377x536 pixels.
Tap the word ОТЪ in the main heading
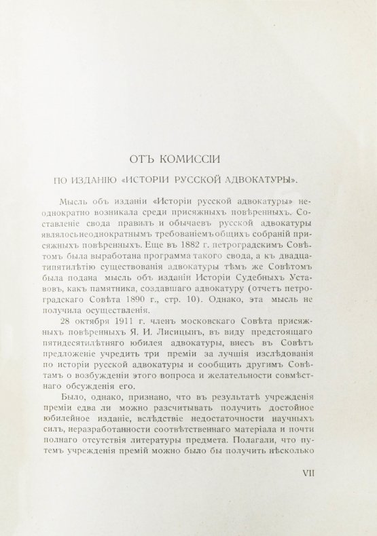coord(145,160)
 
